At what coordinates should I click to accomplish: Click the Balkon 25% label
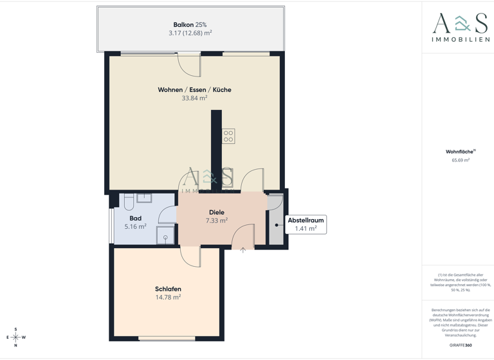190,24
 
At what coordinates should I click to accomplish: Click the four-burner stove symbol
228,136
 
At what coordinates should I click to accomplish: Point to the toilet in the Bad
129,203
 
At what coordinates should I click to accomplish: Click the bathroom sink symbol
144,198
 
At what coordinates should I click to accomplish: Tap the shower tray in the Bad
165,235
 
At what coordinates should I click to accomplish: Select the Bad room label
135,218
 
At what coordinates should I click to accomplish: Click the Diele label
217,212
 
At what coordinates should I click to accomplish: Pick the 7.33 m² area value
217,221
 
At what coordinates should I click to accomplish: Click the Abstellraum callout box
306,224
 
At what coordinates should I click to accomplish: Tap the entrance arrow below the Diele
243,250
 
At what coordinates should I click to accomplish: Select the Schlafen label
168,289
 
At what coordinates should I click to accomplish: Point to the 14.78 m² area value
168,297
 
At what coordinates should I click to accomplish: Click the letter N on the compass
15,346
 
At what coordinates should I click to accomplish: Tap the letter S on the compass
15,328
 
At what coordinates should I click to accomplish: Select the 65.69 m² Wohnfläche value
460,160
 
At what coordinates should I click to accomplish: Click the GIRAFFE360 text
460,345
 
